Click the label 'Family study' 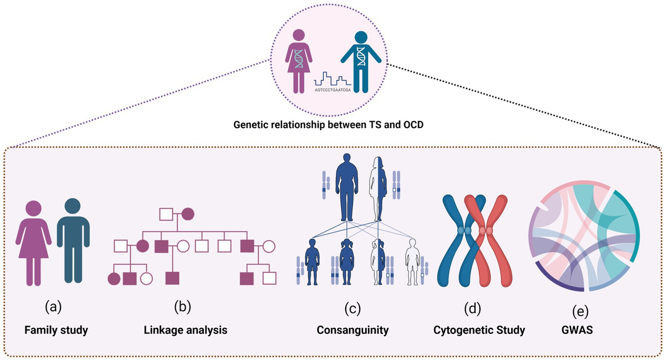pos(56,331)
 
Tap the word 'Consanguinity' pos(352,331)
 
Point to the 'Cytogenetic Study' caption pos(479,331)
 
